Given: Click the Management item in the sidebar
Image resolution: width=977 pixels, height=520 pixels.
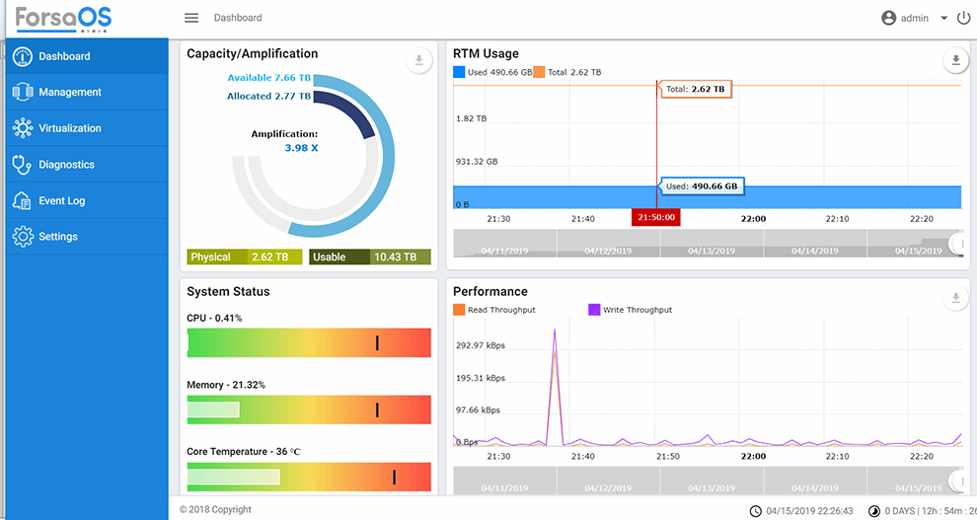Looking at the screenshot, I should pos(69,92).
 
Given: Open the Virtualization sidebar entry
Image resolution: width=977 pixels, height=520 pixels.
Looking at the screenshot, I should pos(69,128).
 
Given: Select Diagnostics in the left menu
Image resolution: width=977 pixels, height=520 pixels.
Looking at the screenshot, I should pos(66,165).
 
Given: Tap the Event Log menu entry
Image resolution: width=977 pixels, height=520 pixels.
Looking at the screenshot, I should pos(61,201).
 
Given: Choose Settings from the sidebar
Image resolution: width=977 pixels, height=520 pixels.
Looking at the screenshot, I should pos(57,237).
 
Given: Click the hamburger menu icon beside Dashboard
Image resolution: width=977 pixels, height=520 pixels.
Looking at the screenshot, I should pos(191,18).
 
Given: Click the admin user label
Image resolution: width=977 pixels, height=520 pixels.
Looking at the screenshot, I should pos(914,18).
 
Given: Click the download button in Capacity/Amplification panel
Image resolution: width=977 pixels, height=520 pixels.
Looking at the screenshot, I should pos(419,61).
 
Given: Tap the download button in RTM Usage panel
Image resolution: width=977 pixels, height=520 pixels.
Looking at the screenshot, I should pos(955,61).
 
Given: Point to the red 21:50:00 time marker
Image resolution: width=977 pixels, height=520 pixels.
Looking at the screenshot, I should pos(656,217).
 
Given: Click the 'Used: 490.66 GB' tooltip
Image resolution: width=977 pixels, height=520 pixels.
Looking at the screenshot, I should pos(702,186).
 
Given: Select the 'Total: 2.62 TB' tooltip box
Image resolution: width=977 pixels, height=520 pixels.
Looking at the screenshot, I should pos(696,89).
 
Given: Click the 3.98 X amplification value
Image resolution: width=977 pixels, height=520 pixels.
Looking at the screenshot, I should pos(301,148).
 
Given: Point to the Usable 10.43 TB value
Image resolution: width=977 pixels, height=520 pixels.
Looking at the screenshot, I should pos(395,257).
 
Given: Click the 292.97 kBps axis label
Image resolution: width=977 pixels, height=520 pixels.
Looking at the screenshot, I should pos(481,345).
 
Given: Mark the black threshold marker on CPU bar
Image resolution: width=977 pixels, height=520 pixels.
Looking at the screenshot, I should pos(377,342).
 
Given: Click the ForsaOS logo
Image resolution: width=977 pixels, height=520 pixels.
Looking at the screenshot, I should pos(63,18).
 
